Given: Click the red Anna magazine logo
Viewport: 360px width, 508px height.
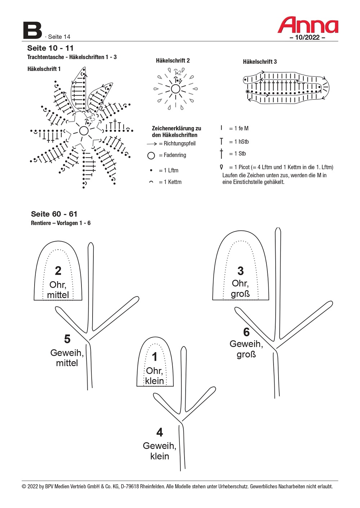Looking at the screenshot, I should point(308,25).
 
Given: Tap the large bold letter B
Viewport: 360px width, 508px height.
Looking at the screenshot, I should point(32,31).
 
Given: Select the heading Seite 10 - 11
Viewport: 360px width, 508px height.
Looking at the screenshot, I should point(50,48).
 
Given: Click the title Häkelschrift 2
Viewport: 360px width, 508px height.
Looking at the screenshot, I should point(173,60).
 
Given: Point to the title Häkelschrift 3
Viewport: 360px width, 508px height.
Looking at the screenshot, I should point(260,62).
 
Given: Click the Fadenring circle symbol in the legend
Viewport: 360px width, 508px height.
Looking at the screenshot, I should point(151,156).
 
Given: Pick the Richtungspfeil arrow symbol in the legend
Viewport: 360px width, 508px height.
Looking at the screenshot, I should point(152,144).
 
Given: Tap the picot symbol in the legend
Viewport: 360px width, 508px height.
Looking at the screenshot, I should point(221,167).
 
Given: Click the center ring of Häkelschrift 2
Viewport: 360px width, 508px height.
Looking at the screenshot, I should point(175,89).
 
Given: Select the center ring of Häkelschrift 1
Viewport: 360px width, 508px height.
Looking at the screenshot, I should point(84,130).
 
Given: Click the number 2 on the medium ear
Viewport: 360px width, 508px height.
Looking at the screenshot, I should point(58,270).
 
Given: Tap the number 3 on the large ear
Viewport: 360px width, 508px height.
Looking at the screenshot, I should point(240,271).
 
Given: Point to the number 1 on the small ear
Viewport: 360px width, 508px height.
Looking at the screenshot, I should point(155,357).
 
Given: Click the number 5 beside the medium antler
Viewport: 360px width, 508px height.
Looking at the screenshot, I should point(67,339).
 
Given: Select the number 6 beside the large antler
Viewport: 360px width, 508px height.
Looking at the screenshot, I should point(246,332).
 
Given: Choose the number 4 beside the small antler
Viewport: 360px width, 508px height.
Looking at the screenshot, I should point(160,432).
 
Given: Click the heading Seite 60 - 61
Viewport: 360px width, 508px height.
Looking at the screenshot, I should point(54,214).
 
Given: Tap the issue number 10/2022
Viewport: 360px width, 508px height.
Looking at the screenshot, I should point(307,37).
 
